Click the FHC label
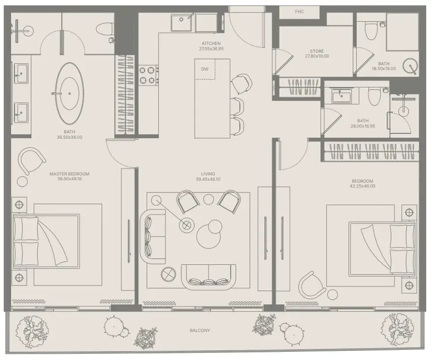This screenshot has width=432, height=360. click(x=299, y=12)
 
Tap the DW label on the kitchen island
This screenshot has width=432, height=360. click(x=205, y=69)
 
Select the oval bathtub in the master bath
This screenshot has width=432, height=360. click(x=69, y=94)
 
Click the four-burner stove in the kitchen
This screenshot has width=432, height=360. click(x=149, y=75)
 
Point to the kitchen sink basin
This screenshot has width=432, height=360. click(x=181, y=22)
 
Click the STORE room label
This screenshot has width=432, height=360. click(x=317, y=51)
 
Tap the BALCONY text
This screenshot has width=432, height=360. click(x=200, y=330)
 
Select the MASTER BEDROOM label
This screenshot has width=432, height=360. click(x=70, y=174)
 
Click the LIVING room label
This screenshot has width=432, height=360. click(x=208, y=174)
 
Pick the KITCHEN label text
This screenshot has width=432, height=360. click(x=211, y=43)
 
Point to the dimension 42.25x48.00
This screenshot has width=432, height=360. click(x=362, y=186)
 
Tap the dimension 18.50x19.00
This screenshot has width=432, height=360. click(x=384, y=69)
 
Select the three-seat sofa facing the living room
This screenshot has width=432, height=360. click(x=209, y=277)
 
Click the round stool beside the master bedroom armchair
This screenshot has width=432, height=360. click(x=22, y=181)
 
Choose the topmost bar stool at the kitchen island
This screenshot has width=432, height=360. click(x=241, y=83)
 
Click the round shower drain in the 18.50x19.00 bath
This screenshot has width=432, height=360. click(x=410, y=66)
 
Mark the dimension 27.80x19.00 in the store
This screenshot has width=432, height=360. click(x=317, y=56)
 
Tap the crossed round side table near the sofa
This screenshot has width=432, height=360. click(x=168, y=274)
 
